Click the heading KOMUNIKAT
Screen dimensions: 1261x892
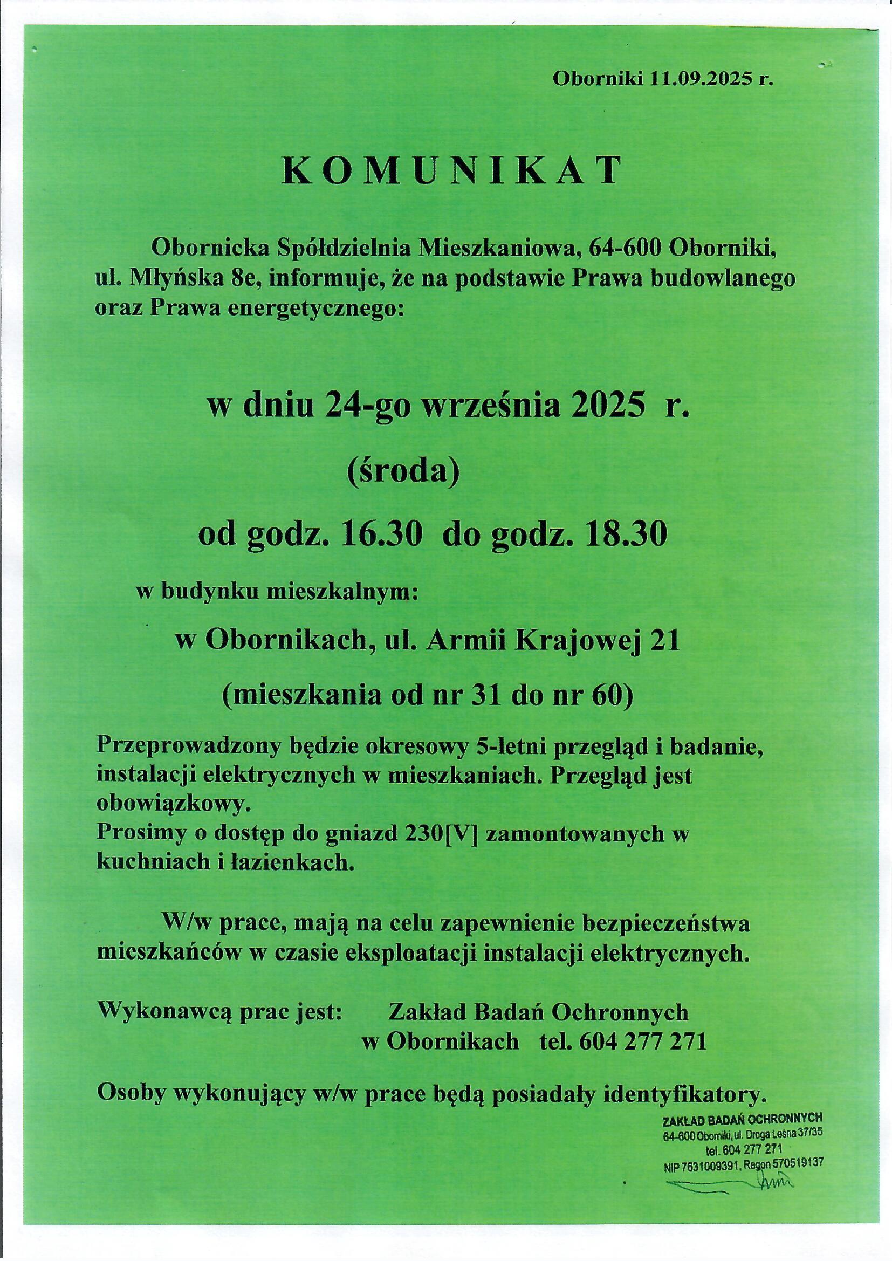coord(452,172)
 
